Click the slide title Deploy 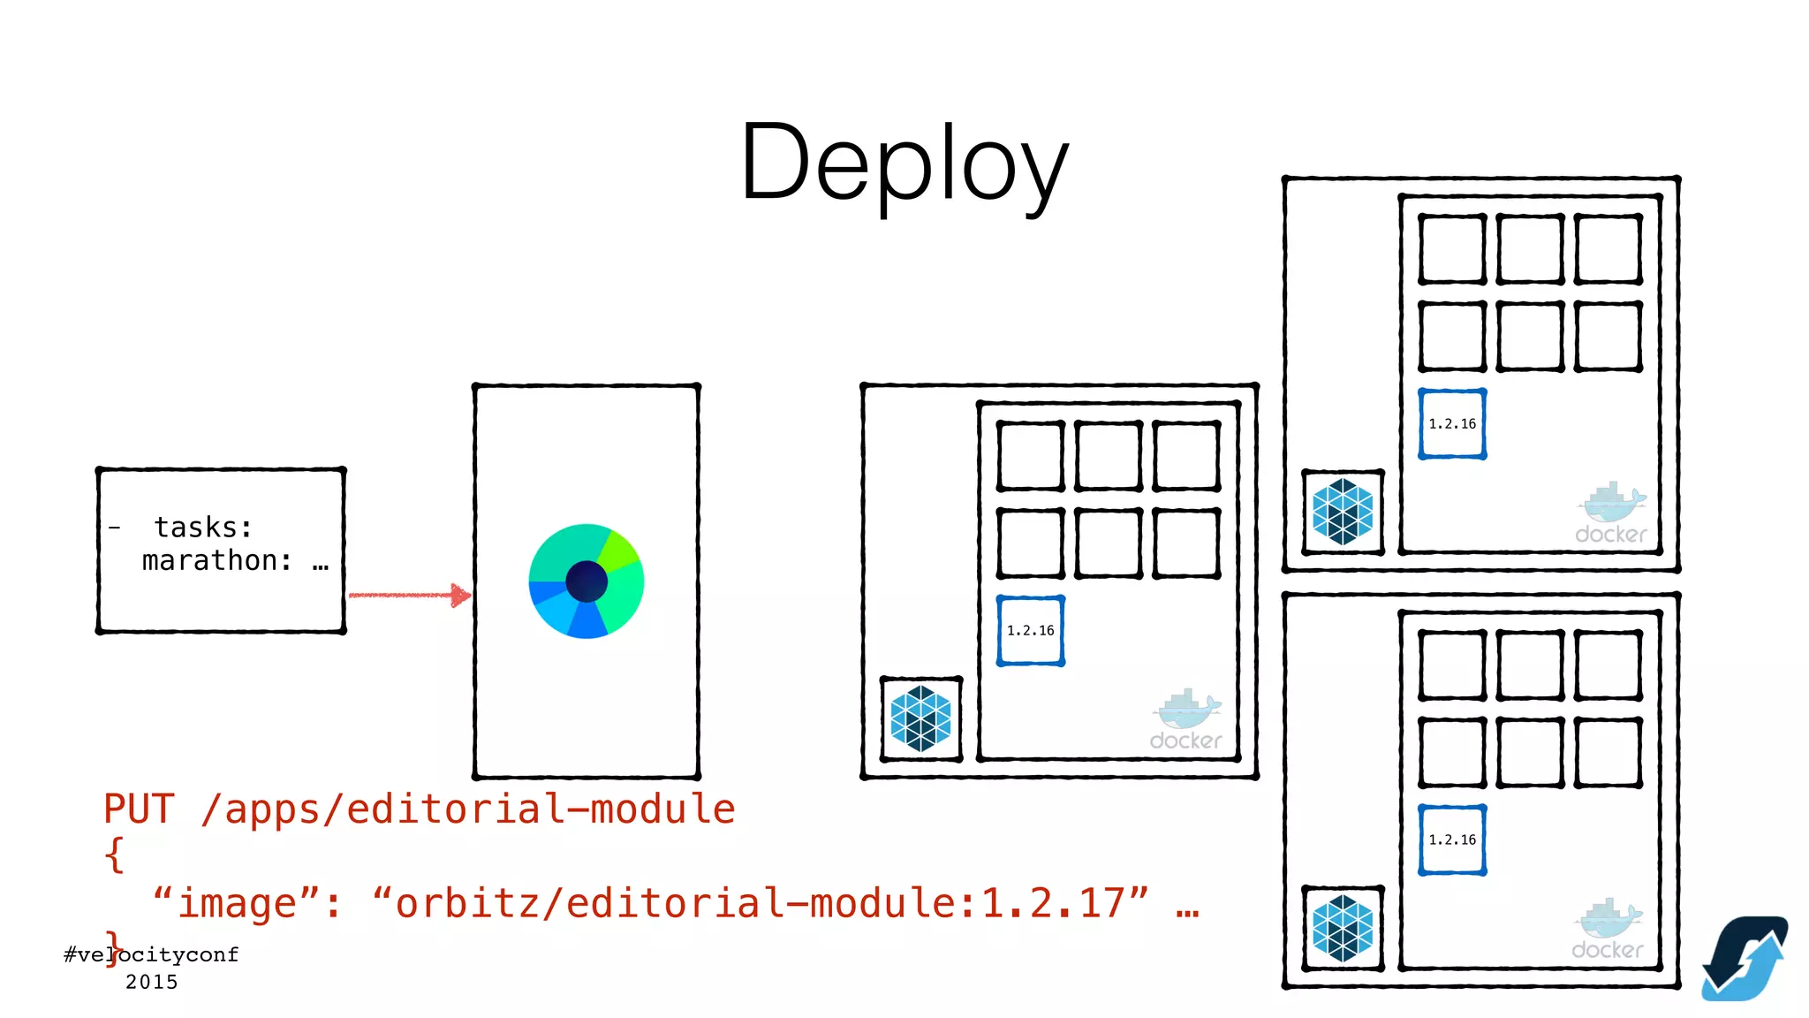[x=904, y=163]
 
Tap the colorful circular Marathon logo [x=587, y=581]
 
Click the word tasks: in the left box [x=203, y=528]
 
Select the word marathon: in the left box [x=217, y=560]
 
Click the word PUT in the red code [x=139, y=809]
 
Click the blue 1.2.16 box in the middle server [x=1030, y=630]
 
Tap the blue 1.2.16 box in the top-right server [x=1452, y=424]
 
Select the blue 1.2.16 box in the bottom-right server [x=1452, y=839]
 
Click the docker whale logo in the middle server [x=1186, y=719]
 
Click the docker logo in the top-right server [x=1611, y=513]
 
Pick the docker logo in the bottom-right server [x=1608, y=930]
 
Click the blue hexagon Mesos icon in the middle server [x=921, y=718]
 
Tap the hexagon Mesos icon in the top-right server [x=1343, y=512]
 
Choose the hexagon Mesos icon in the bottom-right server [x=1343, y=928]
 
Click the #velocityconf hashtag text [x=151, y=954]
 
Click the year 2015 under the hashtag [x=151, y=982]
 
